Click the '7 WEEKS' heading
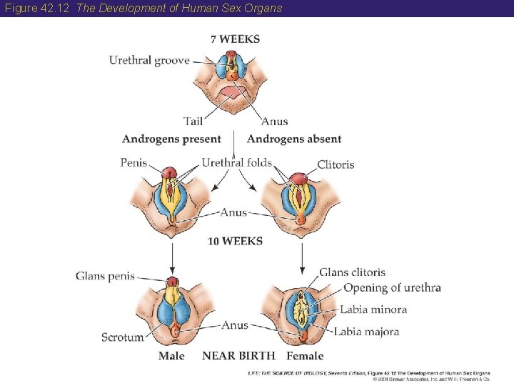(235, 39)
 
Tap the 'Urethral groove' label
(149, 60)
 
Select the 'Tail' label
(193, 122)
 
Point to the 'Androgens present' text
(171, 139)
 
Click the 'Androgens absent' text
(294, 139)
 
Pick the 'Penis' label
(133, 163)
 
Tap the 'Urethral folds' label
(236, 163)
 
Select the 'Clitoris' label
(336, 164)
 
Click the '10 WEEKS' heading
(235, 242)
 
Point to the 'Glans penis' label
(105, 277)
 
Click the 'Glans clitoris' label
(352, 272)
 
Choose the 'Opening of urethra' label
(392, 288)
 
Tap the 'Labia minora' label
(373, 310)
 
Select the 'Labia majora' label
(366, 332)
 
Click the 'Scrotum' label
(122, 337)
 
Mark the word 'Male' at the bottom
(171, 356)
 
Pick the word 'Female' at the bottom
(305, 356)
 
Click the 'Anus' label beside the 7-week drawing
(275, 122)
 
